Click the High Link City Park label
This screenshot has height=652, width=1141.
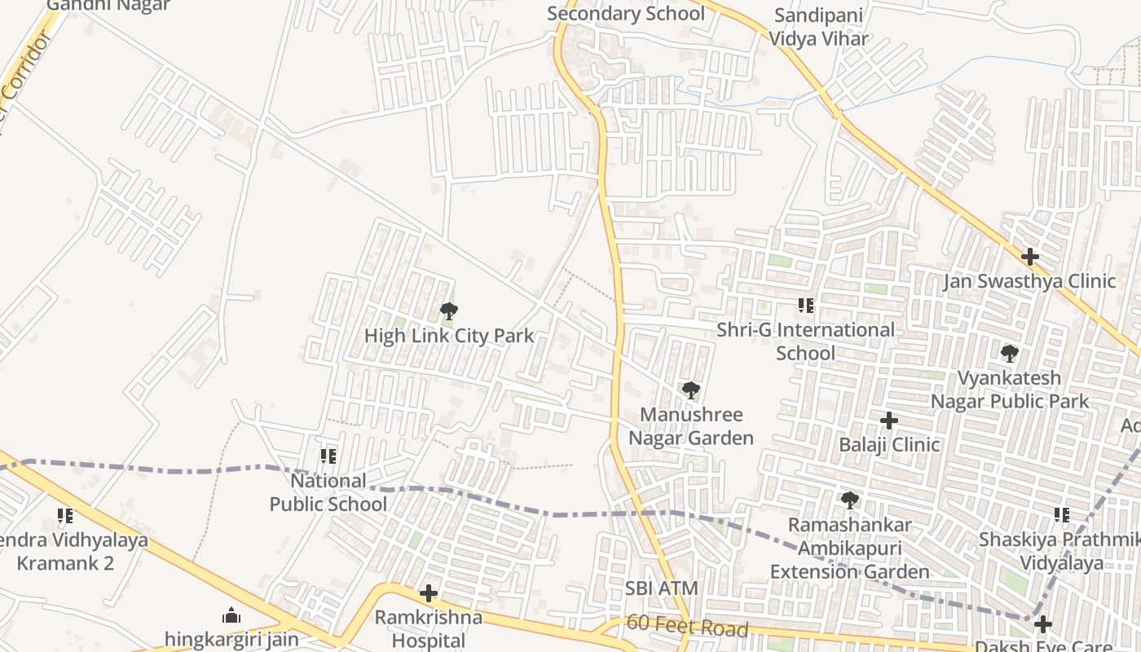click(449, 336)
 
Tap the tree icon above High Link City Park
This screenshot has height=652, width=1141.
click(448, 311)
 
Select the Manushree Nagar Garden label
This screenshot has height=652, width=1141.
click(691, 426)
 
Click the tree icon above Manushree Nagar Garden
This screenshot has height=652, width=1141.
click(691, 390)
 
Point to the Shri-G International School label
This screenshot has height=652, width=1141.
click(805, 341)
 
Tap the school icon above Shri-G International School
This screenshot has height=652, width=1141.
click(806, 306)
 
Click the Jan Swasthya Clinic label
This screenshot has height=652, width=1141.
click(1029, 281)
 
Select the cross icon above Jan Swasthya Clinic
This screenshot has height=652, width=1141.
click(1030, 257)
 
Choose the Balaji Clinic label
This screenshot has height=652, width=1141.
click(889, 445)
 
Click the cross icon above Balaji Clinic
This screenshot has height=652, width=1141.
click(889, 421)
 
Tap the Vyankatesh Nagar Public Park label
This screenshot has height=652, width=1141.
click(1010, 390)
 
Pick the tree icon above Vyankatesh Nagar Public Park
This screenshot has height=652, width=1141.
click(1010, 354)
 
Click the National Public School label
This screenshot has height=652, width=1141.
click(328, 492)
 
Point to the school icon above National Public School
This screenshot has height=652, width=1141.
click(328, 456)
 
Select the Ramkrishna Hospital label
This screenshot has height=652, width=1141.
click(429, 629)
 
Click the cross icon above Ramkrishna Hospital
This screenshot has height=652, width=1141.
click(429, 593)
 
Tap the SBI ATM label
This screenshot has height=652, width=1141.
click(662, 588)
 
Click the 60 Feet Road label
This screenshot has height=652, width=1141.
click(687, 627)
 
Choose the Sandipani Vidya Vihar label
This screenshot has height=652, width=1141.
click(820, 27)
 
